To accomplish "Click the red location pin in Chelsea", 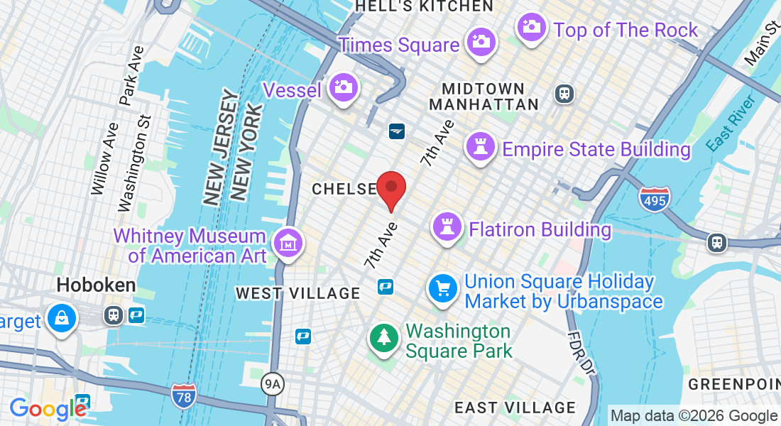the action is point(390,190).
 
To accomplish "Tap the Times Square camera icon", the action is point(481,41).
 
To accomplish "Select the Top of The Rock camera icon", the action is point(531,27).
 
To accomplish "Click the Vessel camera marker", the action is point(344,87).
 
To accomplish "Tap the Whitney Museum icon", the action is point(289,244).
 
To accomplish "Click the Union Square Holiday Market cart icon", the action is point(443,288).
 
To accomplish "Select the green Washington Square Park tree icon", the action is point(384,337).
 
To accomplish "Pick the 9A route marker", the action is point(273,385).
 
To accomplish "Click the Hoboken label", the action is point(96,285).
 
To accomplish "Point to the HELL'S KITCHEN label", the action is point(424,6).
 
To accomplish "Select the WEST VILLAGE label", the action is point(298,293).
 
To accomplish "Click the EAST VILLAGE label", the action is point(515,408).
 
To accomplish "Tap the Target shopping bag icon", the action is point(62,319).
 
